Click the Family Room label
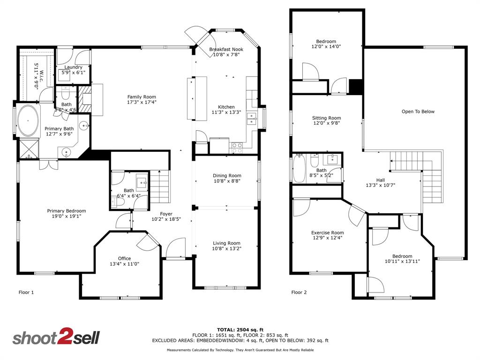[142, 97]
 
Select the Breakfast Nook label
[226, 49]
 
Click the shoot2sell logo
[56, 338]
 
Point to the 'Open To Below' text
[418, 112]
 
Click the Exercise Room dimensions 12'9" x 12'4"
[327, 238]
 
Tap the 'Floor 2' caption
[299, 292]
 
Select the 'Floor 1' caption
[26, 292]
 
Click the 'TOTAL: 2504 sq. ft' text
[240, 330]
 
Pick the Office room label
[124, 258]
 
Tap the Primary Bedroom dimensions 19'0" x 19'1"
[66, 217]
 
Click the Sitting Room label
[326, 118]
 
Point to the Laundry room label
[73, 67]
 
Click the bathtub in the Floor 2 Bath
[299, 169]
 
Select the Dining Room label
[226, 175]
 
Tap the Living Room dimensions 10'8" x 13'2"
[226, 249]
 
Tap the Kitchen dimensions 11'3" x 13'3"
[226, 112]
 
